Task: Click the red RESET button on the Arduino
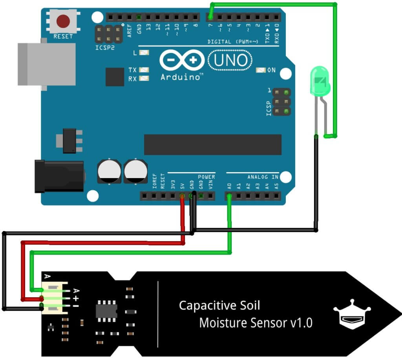tap(63, 20)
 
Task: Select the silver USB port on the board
tap(46, 64)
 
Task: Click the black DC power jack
tap(59, 176)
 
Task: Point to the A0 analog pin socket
tap(229, 195)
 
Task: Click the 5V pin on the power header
tap(182, 195)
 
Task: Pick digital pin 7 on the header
tap(210, 17)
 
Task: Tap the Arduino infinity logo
tap(182, 60)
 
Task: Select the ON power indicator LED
tap(261, 70)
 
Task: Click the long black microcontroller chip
tap(212, 144)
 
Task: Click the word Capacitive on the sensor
tap(208, 305)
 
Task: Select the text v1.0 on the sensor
tap(301, 323)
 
